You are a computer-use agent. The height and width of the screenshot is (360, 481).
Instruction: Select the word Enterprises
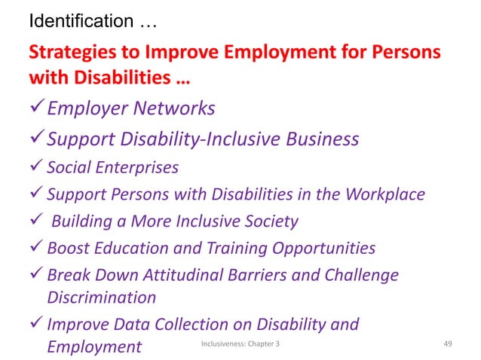(137, 167)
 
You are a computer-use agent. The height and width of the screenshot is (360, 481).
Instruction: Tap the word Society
(272, 221)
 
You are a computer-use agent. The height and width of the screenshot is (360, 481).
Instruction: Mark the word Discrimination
(102, 297)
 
